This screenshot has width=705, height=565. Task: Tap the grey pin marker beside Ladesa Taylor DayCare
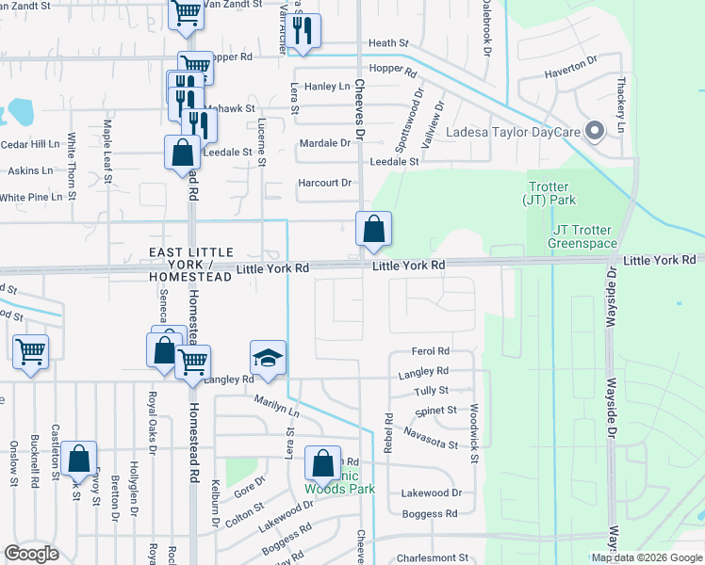point(595,132)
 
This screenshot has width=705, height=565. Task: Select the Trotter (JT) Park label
point(551,193)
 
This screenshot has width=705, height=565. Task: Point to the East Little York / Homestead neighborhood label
point(191,265)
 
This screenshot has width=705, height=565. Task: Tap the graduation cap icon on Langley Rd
point(268,359)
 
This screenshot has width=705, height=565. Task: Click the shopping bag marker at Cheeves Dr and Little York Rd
point(373,229)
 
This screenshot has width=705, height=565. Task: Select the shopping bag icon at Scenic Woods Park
point(322,464)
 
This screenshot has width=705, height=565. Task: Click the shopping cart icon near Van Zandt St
point(186,13)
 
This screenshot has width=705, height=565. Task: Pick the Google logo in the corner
point(31,554)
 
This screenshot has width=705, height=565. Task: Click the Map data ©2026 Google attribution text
point(647,557)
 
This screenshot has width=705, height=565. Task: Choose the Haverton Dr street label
point(571,68)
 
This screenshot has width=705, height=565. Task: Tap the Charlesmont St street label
point(434,557)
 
